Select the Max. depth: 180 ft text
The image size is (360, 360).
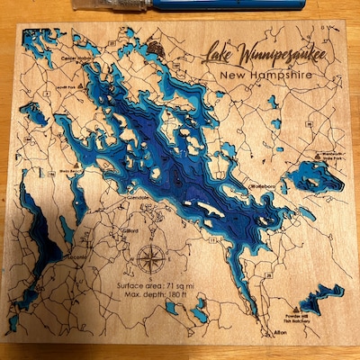click(163, 296)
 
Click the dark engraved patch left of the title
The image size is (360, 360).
click(158, 50)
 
